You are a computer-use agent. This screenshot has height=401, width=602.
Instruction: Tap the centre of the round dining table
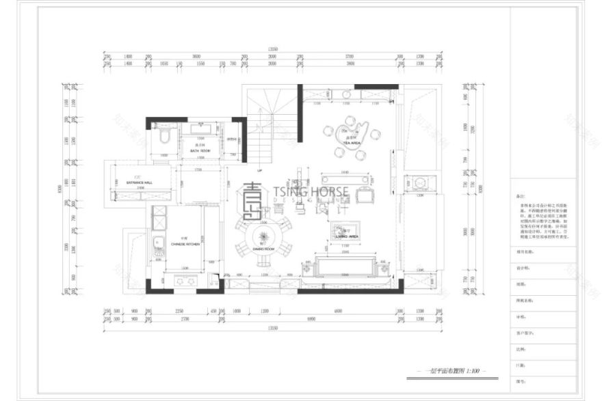click(263, 236)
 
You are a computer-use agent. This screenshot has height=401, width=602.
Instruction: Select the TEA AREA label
click(354, 142)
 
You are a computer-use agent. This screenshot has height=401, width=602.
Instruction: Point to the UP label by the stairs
click(260, 170)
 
